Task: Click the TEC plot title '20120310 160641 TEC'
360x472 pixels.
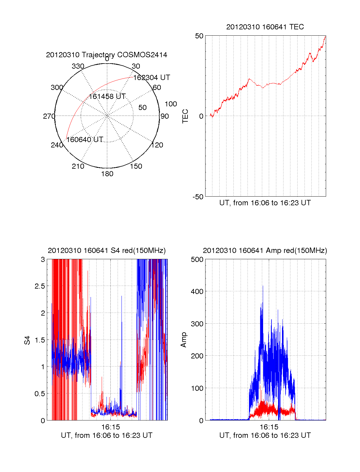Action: coord(265,27)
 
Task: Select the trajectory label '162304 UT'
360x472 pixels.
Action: coord(151,78)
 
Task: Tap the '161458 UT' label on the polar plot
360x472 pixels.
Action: coord(107,96)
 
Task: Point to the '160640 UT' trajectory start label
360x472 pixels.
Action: coord(85,140)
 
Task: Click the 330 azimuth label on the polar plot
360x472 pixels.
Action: coord(78,66)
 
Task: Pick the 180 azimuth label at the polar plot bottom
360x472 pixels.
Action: coord(107,174)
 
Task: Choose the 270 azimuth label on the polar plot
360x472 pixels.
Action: coord(49,116)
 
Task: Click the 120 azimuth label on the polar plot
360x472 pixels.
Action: coord(157,145)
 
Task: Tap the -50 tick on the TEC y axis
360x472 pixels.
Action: coord(198,197)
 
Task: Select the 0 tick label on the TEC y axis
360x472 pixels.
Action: coord(201,116)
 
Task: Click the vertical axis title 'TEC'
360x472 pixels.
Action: coord(185,116)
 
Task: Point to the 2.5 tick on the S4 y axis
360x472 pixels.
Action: coord(40,286)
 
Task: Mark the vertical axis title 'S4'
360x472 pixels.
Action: coord(27,340)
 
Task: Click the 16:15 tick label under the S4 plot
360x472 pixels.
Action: coord(110,427)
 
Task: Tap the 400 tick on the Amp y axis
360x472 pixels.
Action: coord(197,291)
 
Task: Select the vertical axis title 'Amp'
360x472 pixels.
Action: coord(184,340)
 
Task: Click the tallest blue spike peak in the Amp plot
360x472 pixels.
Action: coord(263,286)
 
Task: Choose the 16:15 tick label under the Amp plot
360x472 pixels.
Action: coord(269,427)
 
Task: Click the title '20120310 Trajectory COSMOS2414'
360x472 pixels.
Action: coord(106,55)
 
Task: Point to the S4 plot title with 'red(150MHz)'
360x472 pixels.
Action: coord(106,251)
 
